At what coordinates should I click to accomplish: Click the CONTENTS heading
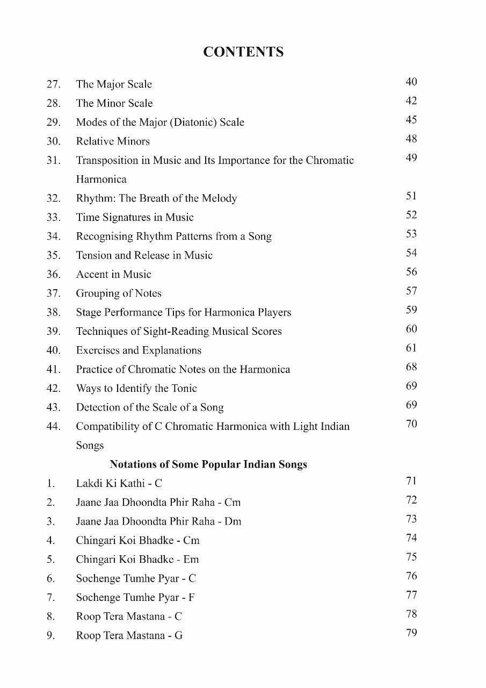[243, 52]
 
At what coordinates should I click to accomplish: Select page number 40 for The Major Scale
[411, 82]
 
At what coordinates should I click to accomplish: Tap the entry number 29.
[53, 123]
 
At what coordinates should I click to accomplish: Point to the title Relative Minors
[113, 141]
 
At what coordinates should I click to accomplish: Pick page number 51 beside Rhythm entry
[411, 196]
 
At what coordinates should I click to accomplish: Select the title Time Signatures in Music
[135, 218]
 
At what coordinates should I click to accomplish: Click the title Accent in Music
[114, 275]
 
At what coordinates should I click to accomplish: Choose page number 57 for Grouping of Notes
[411, 291]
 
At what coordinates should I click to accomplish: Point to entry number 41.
[53, 370]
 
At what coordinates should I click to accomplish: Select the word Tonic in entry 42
[184, 389]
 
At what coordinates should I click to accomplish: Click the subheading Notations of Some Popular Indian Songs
[208, 464]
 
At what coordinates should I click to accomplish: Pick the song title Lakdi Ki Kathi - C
[119, 484]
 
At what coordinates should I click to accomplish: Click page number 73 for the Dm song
[411, 519]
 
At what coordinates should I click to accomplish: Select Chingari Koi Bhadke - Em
[137, 560]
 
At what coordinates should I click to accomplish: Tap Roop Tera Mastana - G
[129, 636]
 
